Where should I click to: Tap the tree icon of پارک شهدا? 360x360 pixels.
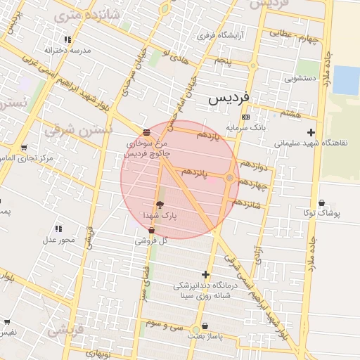pos(160,205)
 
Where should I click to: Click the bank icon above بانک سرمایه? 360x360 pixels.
pos(245,117)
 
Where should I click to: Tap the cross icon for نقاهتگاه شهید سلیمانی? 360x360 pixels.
pos(311,132)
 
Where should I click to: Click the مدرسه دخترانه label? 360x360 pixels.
pos(65,50)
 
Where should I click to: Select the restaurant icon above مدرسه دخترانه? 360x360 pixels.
pos(67,39)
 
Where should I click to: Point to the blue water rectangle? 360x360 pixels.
pos(345,79)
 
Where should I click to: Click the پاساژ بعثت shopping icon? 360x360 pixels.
pos(205,327)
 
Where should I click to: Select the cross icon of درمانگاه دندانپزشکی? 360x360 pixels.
pos(205,274)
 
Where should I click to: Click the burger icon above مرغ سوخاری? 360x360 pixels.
pos(146,131)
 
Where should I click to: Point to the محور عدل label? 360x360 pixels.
pos(58,240)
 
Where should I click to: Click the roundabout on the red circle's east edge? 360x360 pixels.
pos(229,178)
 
